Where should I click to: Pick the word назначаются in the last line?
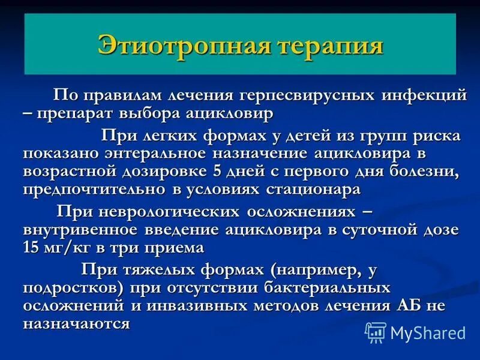[x=77, y=324]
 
